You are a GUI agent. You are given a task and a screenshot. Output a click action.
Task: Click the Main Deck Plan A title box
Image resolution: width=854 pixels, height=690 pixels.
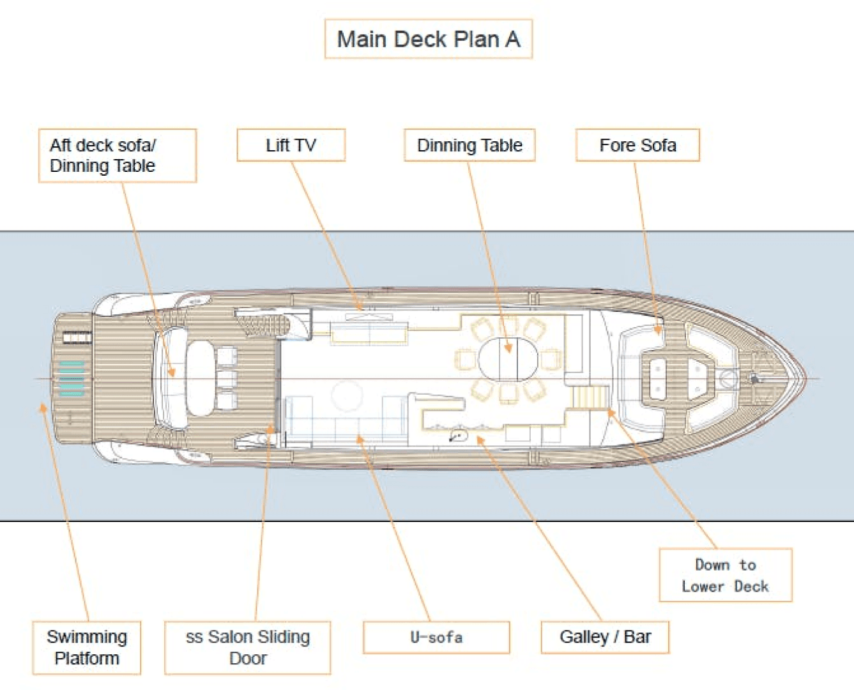429,39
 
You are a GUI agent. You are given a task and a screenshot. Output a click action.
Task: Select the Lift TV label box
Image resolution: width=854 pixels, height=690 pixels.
291,146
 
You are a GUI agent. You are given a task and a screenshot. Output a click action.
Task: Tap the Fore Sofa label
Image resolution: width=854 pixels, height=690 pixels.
637,146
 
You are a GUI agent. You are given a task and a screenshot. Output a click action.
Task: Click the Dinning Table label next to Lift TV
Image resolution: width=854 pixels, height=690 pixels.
469,146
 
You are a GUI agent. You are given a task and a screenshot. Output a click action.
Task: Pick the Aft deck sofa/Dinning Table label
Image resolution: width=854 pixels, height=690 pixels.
118,156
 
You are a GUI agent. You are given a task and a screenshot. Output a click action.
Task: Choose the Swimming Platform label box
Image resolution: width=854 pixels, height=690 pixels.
87,647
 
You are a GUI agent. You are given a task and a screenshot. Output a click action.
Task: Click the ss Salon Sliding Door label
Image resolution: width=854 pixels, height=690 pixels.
248,647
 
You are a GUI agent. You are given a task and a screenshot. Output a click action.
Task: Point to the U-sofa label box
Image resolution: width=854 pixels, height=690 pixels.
436,637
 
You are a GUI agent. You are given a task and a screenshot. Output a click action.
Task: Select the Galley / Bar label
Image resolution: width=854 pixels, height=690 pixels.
605,637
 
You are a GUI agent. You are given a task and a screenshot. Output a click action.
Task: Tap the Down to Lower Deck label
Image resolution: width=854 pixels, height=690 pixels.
725,575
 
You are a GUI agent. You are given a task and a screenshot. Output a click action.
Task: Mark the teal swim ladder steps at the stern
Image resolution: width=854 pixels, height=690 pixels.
72,378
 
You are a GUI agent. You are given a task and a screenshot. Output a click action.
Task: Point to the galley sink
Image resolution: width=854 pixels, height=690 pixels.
458,436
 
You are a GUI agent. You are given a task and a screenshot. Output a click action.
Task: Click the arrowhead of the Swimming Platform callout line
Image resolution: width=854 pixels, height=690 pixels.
43,406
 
